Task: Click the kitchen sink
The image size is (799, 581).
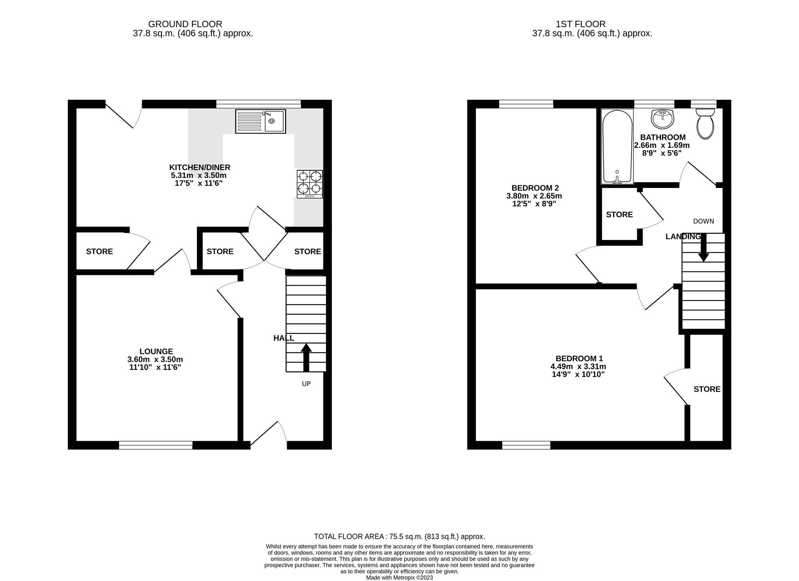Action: pyautogui.click(x=260, y=121)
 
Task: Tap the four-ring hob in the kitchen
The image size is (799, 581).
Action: pyautogui.click(x=310, y=184)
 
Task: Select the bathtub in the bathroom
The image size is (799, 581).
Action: pyautogui.click(x=617, y=147)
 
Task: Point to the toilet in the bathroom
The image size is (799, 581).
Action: pyautogui.click(x=705, y=123)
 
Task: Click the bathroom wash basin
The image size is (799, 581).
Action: pyautogui.click(x=662, y=119)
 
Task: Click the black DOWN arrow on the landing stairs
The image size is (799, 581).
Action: pyautogui.click(x=704, y=248)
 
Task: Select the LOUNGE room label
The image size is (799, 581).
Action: pyautogui.click(x=156, y=351)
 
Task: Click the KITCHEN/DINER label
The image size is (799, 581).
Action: pyautogui.click(x=200, y=167)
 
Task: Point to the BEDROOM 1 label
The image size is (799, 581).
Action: pyautogui.click(x=579, y=359)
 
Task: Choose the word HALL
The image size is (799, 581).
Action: pyautogui.click(x=284, y=338)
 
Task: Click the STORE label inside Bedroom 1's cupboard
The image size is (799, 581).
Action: pyautogui.click(x=707, y=389)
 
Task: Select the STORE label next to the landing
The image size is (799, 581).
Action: pyautogui.click(x=619, y=215)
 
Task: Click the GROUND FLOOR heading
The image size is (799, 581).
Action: pyautogui.click(x=185, y=24)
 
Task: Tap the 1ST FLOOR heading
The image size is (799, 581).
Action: pyautogui.click(x=580, y=24)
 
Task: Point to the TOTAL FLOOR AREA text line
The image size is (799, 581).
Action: pyautogui.click(x=399, y=537)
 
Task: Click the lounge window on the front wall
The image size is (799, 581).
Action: pyautogui.click(x=156, y=445)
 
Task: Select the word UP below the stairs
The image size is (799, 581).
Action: pyautogui.click(x=306, y=384)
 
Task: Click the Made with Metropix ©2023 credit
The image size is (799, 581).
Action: pyautogui.click(x=399, y=577)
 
